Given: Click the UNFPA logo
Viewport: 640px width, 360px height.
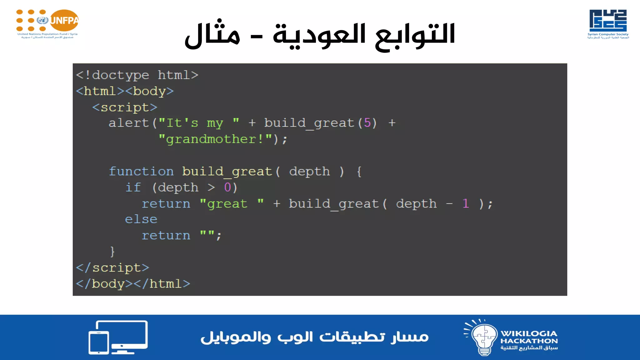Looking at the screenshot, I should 47,23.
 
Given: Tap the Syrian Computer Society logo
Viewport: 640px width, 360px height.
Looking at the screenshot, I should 608,23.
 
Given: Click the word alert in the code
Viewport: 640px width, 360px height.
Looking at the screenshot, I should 128,123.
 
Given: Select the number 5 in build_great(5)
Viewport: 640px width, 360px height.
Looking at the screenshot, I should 367,123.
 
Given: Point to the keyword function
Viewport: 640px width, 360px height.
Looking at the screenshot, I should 141,172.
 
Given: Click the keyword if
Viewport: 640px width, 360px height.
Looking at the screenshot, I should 133,187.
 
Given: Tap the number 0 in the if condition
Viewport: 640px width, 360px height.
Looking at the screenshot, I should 227,187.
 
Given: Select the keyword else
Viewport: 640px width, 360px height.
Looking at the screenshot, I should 141,219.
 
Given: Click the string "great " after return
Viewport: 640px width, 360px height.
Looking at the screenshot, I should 232,204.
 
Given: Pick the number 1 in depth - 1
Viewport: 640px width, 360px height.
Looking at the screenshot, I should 466,204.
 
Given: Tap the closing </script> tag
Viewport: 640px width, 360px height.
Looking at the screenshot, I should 112,268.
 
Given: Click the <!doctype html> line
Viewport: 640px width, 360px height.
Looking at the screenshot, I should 137,75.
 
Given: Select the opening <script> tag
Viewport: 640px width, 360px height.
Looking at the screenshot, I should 125,107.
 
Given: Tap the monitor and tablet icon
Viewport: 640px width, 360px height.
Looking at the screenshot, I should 118,337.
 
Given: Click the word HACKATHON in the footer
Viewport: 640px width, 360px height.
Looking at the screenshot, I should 529,341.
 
